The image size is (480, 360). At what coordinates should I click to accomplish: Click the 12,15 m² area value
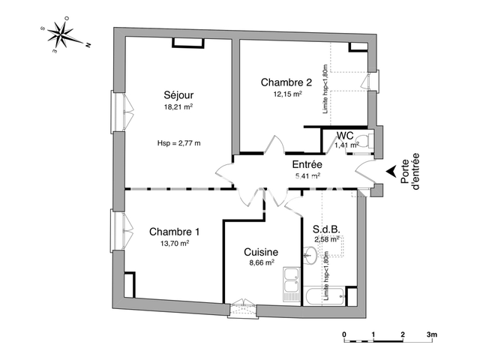click(x=287, y=94)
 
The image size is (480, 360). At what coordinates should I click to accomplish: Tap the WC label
click(x=346, y=136)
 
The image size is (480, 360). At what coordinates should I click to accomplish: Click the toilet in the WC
click(x=362, y=140)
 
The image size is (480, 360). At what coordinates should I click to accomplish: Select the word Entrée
click(x=307, y=164)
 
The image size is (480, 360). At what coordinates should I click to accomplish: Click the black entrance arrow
click(x=391, y=172)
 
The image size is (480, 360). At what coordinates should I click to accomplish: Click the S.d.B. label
click(x=327, y=228)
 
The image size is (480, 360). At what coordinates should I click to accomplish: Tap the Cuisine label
click(x=261, y=253)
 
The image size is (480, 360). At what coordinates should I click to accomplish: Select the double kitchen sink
click(x=290, y=286)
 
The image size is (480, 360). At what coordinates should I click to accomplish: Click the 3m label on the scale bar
click(x=432, y=333)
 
